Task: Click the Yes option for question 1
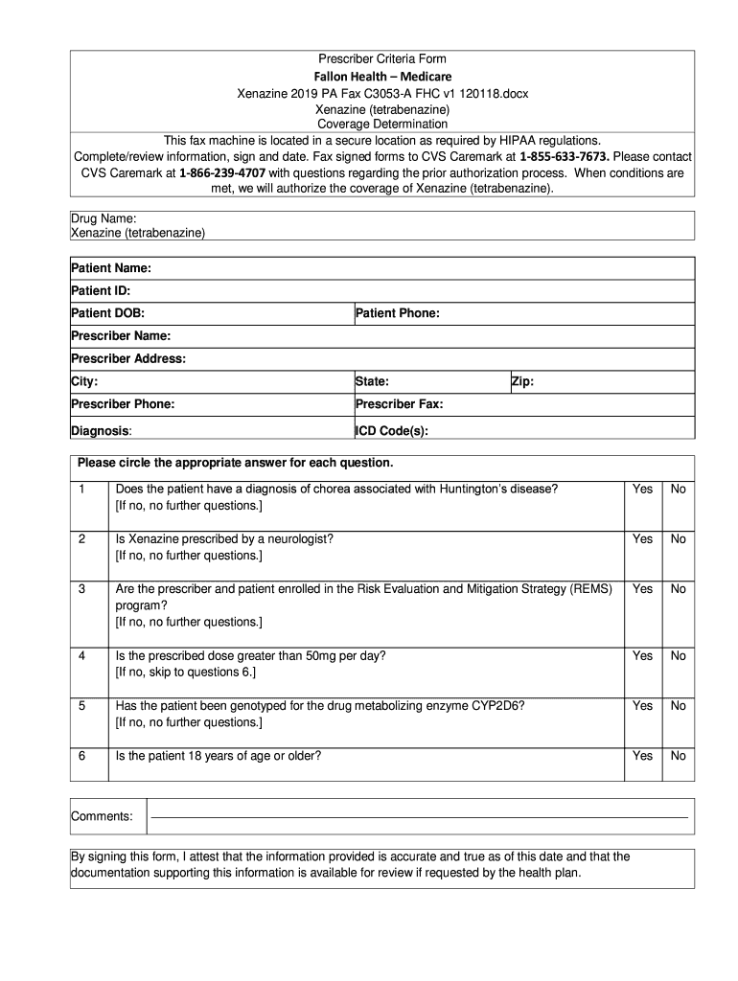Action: (642, 489)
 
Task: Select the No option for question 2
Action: (679, 538)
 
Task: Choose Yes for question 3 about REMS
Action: (642, 588)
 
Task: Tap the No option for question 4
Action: (679, 655)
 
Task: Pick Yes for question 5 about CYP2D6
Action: (642, 705)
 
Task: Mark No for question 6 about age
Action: (679, 755)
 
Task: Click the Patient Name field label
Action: (111, 268)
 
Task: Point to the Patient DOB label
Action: (108, 313)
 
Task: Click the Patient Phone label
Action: (398, 313)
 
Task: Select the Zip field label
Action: (522, 381)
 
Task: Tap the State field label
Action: (372, 381)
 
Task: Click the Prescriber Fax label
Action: (399, 404)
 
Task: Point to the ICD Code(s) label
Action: (391, 431)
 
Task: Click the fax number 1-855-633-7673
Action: (564, 156)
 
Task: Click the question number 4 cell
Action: (82, 655)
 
